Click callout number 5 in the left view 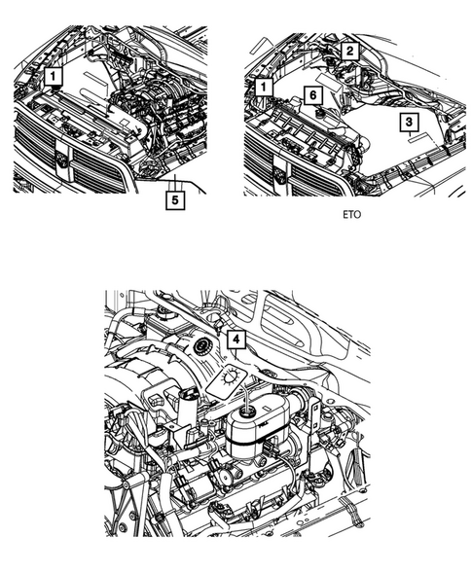point(174,200)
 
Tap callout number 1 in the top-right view point(262,89)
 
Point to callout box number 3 point(410,121)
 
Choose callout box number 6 point(310,94)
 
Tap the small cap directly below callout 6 point(316,112)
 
